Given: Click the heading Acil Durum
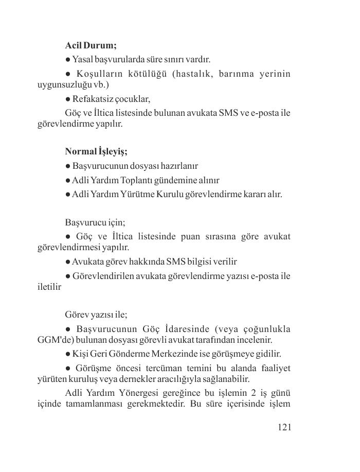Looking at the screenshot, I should [x=91, y=45].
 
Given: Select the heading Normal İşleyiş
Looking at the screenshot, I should [x=96, y=151].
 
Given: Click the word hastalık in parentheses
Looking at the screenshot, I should [x=191, y=74].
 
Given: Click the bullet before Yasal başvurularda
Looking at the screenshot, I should [x=68, y=60].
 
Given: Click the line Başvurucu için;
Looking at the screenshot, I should [x=95, y=222].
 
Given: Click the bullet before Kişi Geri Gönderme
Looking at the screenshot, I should [x=68, y=354].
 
